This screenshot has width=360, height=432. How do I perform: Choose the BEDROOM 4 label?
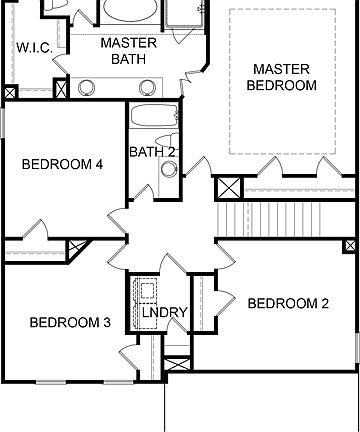click(x=63, y=166)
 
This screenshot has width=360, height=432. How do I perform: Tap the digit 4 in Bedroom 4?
click(x=100, y=166)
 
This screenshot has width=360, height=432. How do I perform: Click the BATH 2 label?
click(x=152, y=152)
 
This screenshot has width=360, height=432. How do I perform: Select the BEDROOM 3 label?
click(x=70, y=322)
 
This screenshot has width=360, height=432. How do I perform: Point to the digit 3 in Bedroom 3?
click(x=107, y=322)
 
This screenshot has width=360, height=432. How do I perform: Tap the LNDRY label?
click(x=164, y=313)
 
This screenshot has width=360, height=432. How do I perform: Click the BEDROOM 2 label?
click(x=288, y=304)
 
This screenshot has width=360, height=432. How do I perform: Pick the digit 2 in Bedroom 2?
click(x=325, y=304)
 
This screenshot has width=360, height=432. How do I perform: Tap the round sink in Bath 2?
click(x=167, y=169)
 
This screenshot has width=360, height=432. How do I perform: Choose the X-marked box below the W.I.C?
click(x=10, y=93)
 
